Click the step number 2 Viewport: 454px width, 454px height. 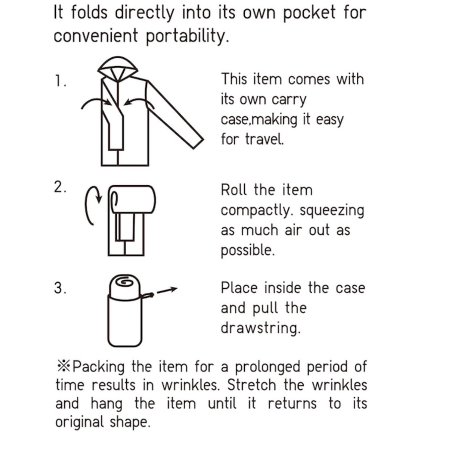point(59,188)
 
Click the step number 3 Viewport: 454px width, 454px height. point(59,289)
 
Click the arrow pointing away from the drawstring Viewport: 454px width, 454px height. point(167,290)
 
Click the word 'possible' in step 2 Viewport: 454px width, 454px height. point(247,250)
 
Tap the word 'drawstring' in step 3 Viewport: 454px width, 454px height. point(261,328)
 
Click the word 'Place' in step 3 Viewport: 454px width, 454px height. point(239,287)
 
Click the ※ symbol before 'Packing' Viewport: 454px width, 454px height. point(63,365)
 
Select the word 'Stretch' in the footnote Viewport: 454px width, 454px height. point(252,385)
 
